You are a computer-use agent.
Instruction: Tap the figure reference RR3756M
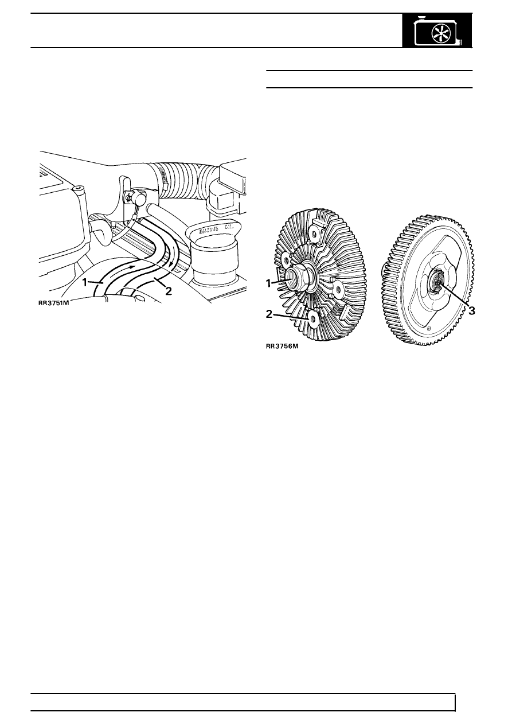coord(282,347)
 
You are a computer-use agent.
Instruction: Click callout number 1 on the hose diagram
coord(85,283)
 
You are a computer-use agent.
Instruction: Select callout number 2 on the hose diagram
coord(168,291)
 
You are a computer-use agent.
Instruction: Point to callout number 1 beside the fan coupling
coord(268,283)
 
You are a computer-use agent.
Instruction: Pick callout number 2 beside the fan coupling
coord(269,314)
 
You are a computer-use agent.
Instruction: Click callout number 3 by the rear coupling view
coord(471,311)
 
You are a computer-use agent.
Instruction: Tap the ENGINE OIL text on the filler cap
coord(218,229)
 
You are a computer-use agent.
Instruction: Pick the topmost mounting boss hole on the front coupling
coord(312,232)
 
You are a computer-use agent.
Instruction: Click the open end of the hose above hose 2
coord(149,208)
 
